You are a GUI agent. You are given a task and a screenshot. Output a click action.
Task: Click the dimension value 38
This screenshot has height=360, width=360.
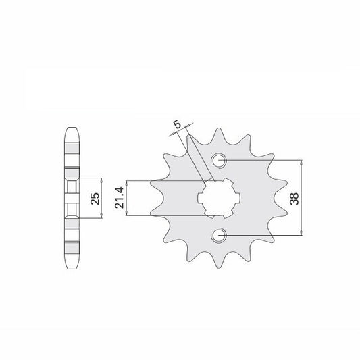pos(294,199)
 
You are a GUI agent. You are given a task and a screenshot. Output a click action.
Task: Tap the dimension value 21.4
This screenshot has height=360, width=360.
pos(120,198)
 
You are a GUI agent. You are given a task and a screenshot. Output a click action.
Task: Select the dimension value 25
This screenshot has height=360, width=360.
pos(95,198)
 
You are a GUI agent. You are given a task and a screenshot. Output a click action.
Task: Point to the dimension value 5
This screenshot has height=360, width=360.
pos(177,125)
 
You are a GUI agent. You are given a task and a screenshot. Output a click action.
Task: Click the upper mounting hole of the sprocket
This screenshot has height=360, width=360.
pos(219,160)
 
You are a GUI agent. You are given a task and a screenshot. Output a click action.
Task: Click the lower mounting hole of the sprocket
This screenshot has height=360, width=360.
pos(219,235)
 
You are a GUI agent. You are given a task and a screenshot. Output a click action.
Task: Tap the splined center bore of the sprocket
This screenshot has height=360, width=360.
pos(219,198)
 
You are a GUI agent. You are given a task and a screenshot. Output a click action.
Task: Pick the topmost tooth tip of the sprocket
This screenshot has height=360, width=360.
pos(219,129)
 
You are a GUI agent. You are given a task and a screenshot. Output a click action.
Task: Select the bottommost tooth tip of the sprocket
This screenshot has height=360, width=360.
pos(219,267)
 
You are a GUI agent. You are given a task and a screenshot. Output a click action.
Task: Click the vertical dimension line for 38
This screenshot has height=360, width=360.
pos(301,198)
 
